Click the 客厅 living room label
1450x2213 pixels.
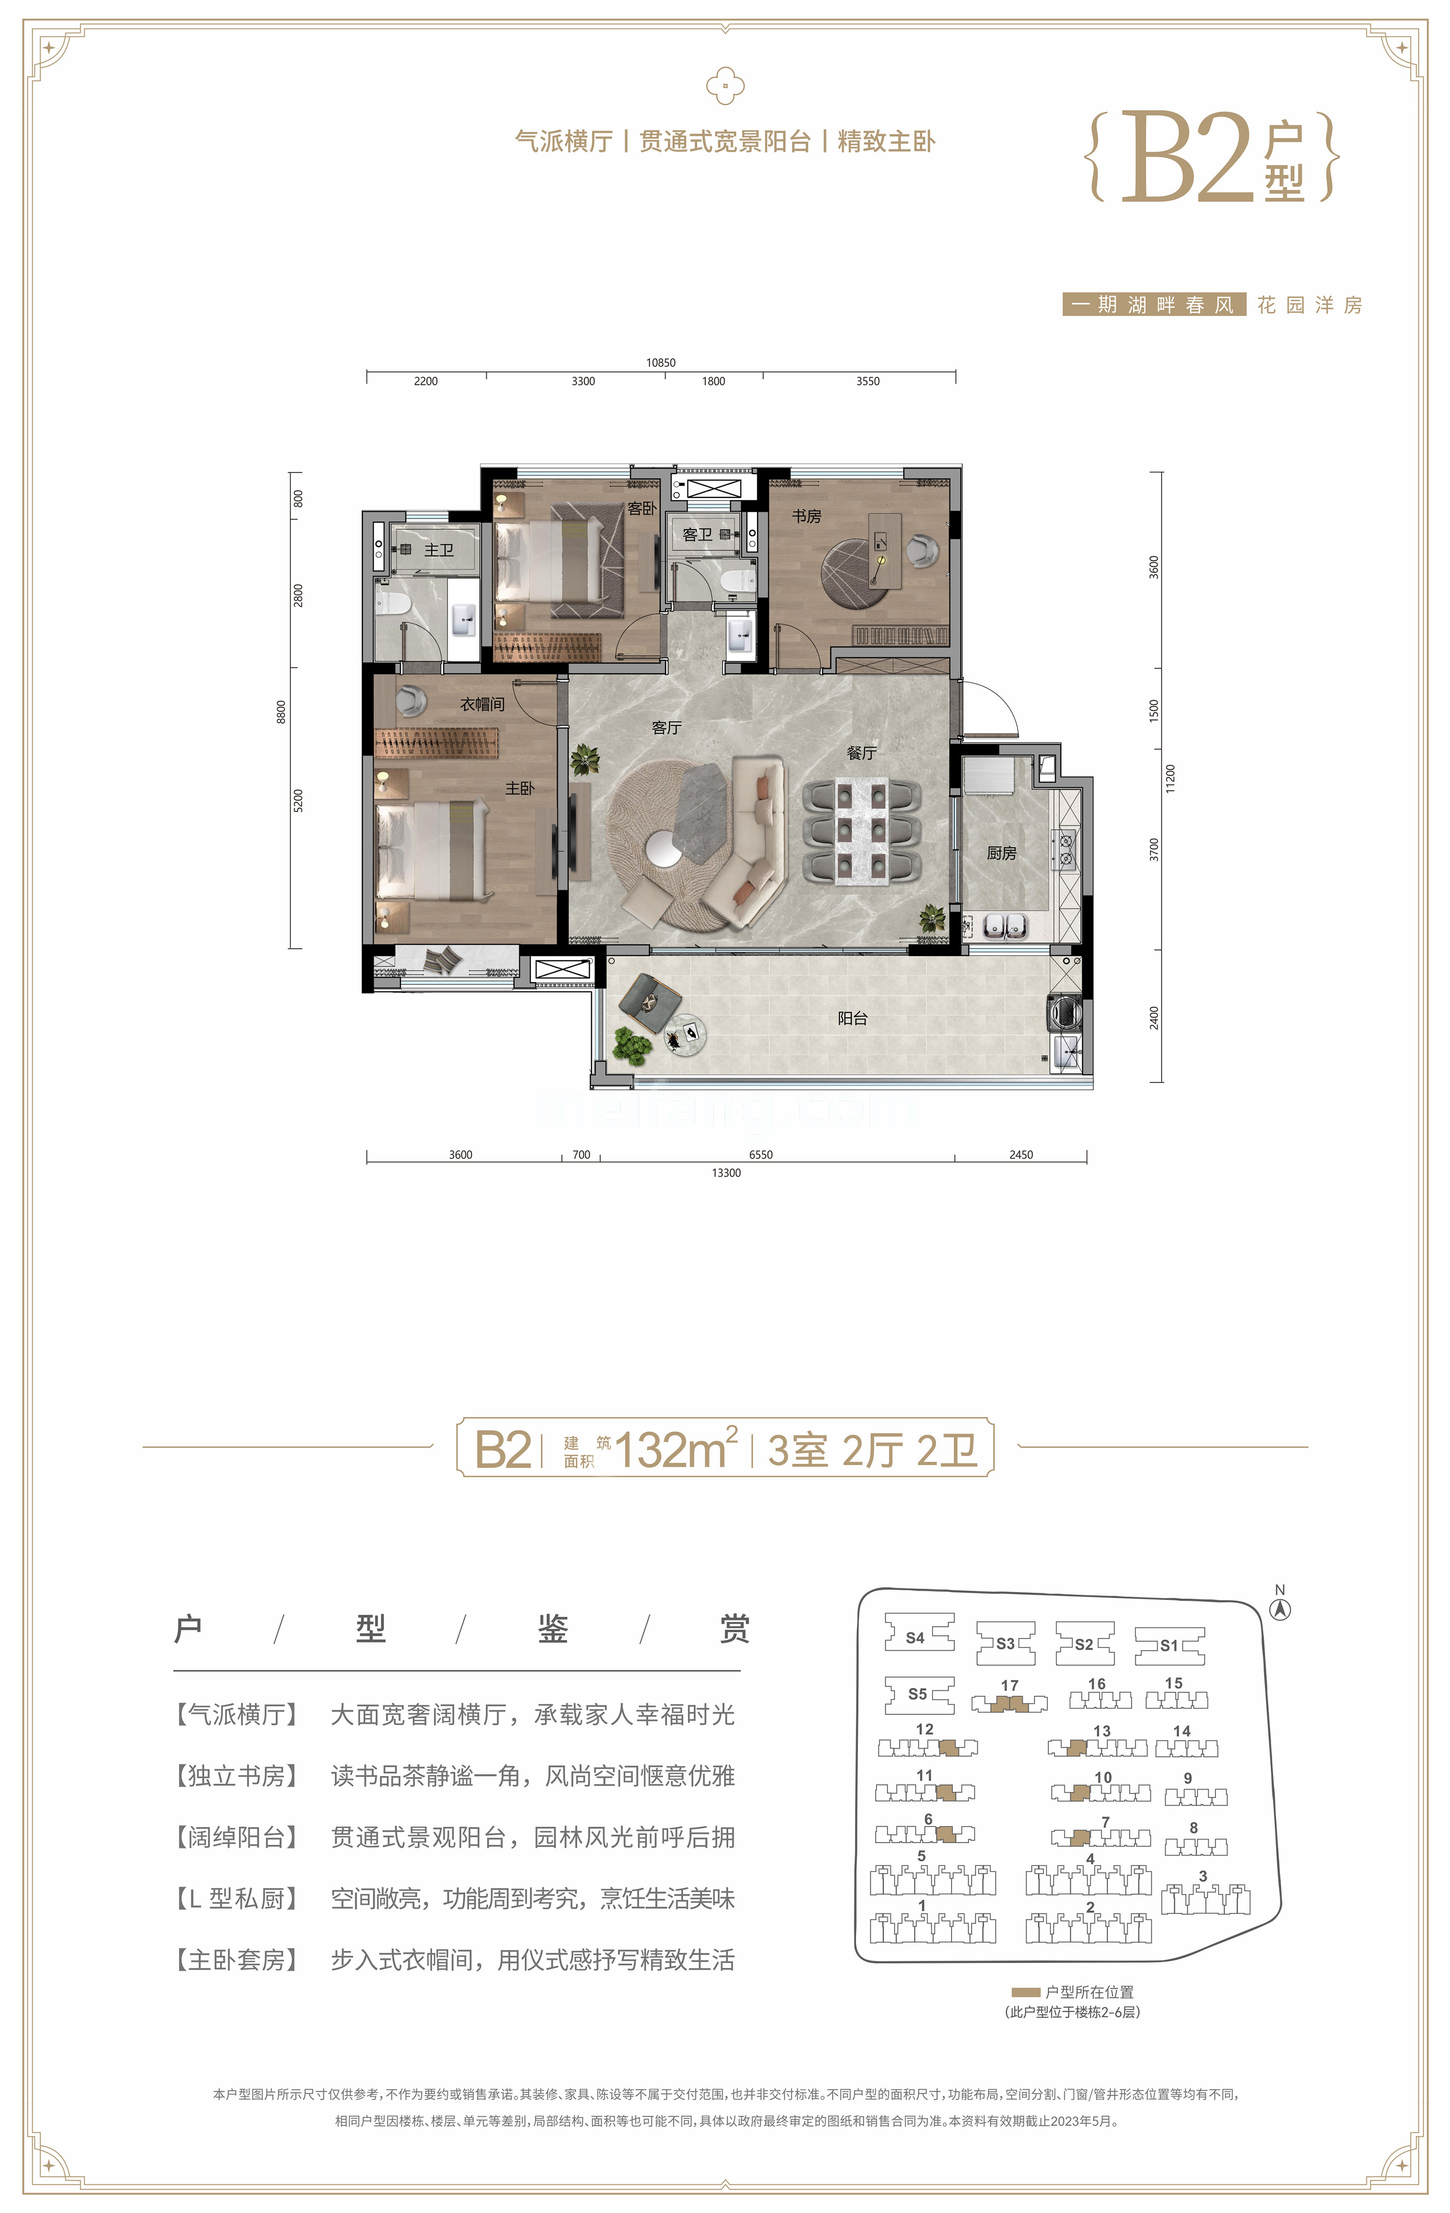click(x=666, y=727)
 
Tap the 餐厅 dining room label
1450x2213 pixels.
click(x=861, y=752)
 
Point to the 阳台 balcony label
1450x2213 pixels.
click(x=852, y=1018)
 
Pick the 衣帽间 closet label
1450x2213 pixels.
click(x=482, y=704)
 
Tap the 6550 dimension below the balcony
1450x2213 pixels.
click(x=760, y=1155)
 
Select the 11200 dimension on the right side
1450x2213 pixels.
click(x=1170, y=778)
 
